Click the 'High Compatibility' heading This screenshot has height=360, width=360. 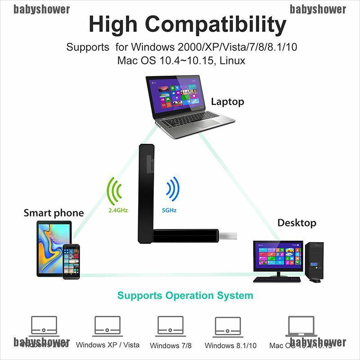point(187,24)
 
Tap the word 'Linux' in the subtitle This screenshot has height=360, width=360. point(233,60)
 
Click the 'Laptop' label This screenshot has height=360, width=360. point(227,102)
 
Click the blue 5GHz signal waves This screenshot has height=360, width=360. point(172,189)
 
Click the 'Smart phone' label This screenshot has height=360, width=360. point(54,213)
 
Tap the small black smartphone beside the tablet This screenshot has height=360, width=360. point(71,261)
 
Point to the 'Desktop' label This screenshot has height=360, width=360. point(297,223)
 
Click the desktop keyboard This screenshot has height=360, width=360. point(276,279)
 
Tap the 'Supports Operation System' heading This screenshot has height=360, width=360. point(185,296)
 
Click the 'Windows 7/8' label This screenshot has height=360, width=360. point(171,346)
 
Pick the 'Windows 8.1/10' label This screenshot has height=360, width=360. point(230,346)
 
